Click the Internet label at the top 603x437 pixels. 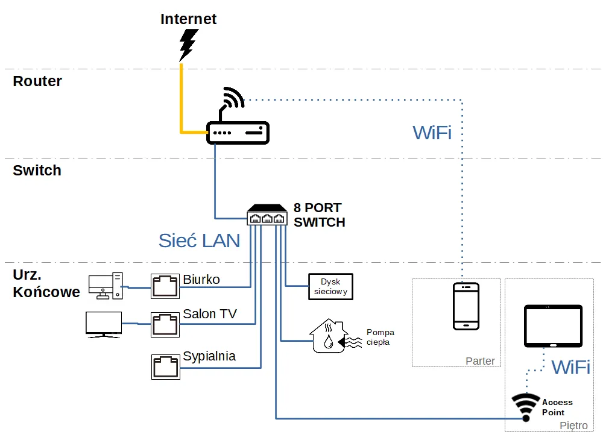(188, 19)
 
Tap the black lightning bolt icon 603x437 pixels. (189, 44)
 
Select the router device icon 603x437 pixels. (238, 132)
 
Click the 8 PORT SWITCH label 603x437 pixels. (319, 215)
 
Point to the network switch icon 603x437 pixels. (267, 215)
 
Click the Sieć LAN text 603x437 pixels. (199, 241)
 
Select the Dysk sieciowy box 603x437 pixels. (330, 286)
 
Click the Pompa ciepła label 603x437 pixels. (380, 337)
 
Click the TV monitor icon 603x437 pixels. (104, 324)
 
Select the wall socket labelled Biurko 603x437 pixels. (165, 285)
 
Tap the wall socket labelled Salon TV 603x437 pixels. (165, 324)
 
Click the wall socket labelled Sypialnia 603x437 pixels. (165, 366)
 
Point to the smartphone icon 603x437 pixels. (466, 306)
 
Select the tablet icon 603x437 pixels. (553, 326)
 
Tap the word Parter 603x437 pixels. (480, 361)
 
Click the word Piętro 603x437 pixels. (573, 426)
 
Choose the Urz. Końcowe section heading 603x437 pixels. (46, 284)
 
